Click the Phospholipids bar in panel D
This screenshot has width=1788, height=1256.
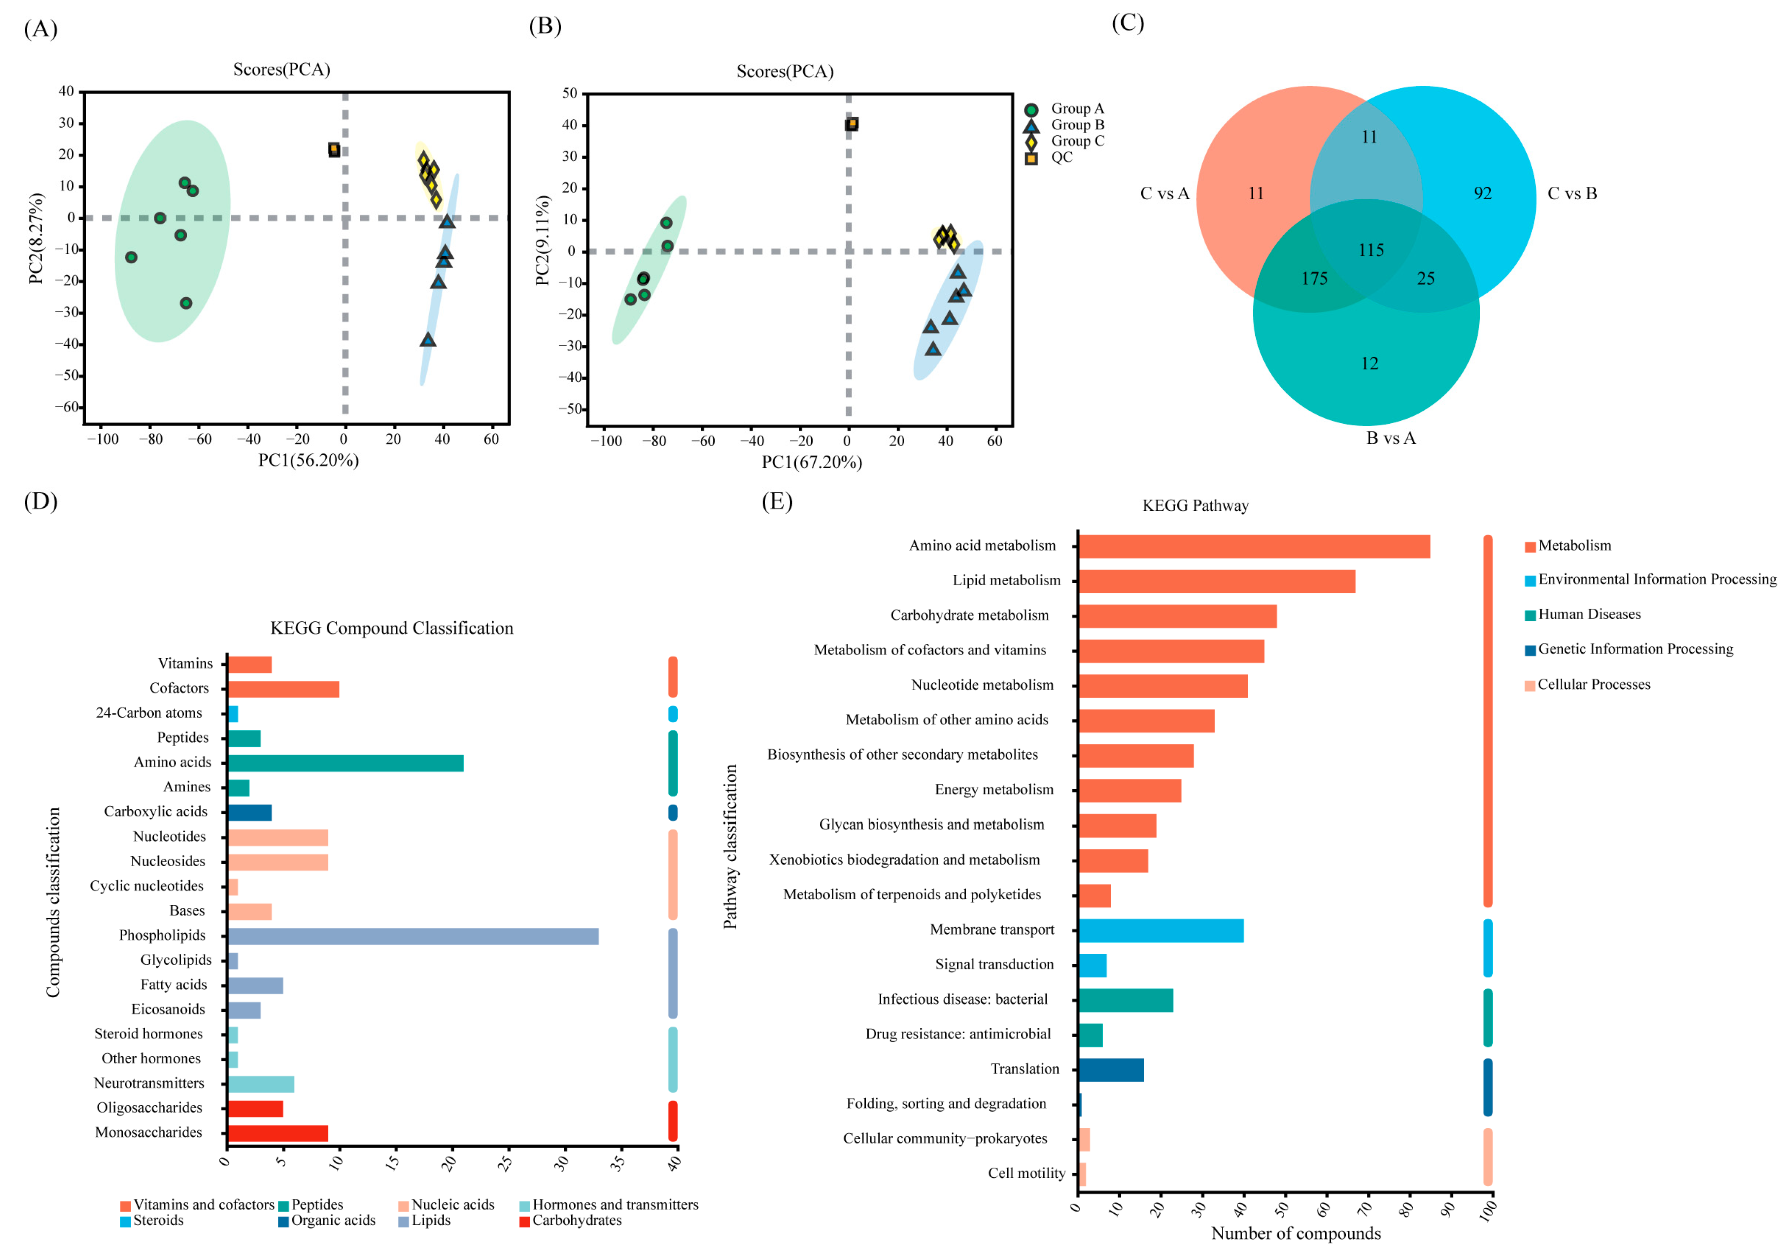tap(413, 936)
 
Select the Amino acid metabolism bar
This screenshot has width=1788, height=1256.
tap(1254, 547)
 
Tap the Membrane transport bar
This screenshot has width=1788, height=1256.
tap(1160, 931)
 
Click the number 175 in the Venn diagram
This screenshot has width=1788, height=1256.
tap(1315, 279)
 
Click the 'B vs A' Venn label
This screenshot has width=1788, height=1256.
tap(1391, 438)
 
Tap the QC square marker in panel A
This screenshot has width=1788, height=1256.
tap(334, 149)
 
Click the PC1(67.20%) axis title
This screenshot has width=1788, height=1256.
tap(811, 463)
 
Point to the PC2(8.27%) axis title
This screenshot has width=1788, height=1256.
tap(36, 238)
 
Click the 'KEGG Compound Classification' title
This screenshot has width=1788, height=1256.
tap(392, 628)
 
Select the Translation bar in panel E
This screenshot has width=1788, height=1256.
tap(1111, 1070)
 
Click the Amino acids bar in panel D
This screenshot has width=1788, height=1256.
tap(345, 763)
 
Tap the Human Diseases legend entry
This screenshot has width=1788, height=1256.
tap(1589, 614)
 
